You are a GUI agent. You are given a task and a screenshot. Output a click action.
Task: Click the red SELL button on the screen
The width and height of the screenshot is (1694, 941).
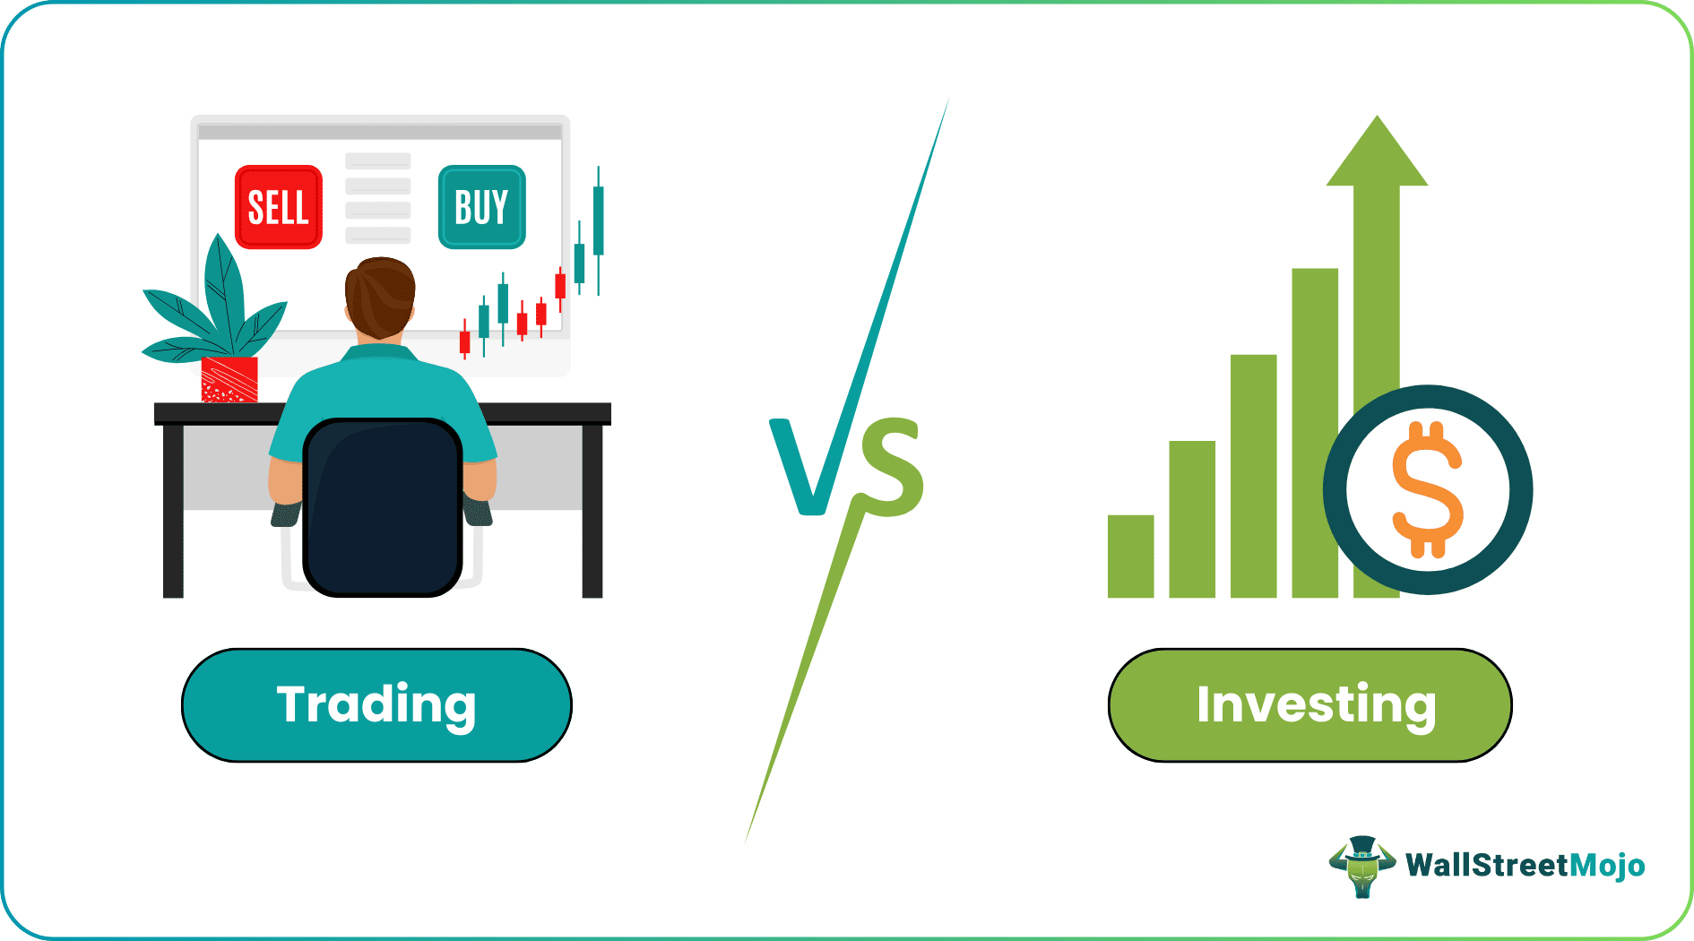pyautogui.click(x=278, y=207)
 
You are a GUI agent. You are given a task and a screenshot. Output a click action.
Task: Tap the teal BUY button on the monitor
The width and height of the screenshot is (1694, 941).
pyautogui.click(x=481, y=207)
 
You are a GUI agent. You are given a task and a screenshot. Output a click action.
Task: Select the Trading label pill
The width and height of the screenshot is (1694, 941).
pyautogui.click(x=376, y=705)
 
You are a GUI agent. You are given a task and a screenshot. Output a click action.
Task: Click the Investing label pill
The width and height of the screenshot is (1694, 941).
pyautogui.click(x=1309, y=705)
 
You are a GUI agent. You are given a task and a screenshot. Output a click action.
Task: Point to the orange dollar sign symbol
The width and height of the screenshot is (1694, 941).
pyautogui.click(x=1427, y=490)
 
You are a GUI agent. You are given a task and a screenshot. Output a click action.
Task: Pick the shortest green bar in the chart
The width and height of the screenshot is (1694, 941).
pyautogui.click(x=1130, y=556)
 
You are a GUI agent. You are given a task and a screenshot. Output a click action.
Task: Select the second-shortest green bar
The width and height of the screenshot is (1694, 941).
pyautogui.click(x=1192, y=520)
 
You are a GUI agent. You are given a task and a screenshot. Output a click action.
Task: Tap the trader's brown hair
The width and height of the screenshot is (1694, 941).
pyautogui.click(x=380, y=291)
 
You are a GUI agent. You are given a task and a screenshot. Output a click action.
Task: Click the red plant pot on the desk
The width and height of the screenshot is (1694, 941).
pyautogui.click(x=229, y=379)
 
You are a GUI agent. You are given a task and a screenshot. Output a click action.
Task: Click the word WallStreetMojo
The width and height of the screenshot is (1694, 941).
pyautogui.click(x=1525, y=866)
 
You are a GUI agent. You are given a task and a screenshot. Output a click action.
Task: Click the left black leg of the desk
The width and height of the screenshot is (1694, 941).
pyautogui.click(x=173, y=511)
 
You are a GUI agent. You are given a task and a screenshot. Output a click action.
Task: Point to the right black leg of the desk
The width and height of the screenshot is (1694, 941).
pyautogui.click(x=592, y=511)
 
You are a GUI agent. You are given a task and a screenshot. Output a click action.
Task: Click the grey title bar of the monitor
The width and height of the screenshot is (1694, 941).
pyautogui.click(x=380, y=132)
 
